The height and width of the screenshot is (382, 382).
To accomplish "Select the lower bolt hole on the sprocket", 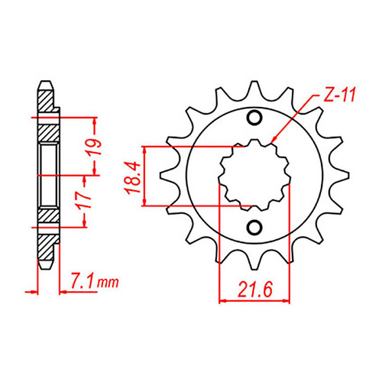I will pos(254,227).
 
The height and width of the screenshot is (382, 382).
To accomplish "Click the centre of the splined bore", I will pos(253,175).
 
